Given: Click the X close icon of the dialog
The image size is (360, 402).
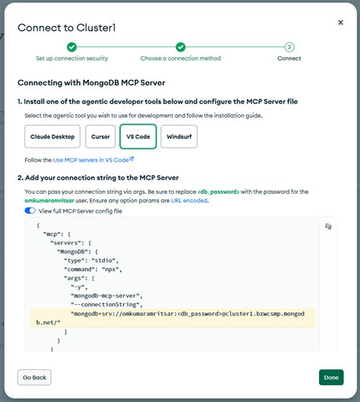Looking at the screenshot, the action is click(x=340, y=23).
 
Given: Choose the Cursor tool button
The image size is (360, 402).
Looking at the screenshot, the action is click(x=100, y=136).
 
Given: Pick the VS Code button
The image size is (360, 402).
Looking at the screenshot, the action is click(x=137, y=136).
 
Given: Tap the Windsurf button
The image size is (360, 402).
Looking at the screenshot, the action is click(x=179, y=136).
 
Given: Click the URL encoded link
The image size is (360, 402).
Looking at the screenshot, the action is click(x=189, y=200).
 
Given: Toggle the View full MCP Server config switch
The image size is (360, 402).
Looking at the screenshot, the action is click(x=30, y=210).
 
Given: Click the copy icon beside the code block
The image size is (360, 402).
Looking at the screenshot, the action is click(x=328, y=226).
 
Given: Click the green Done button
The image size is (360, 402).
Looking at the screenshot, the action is click(x=330, y=377).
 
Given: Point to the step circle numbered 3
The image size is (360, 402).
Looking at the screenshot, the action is click(x=289, y=47).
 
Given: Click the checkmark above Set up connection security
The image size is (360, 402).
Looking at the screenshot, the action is click(x=71, y=47).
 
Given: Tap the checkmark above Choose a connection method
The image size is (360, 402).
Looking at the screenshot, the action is click(x=180, y=47).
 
